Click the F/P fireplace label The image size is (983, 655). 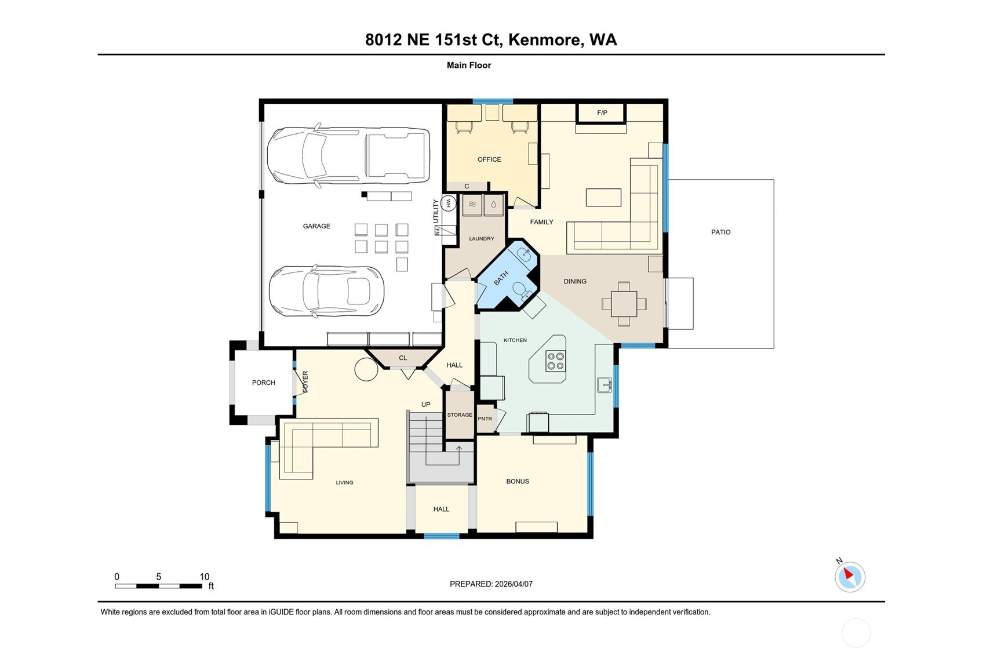point(602,112)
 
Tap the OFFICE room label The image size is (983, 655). point(489,159)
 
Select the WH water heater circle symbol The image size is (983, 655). point(447,203)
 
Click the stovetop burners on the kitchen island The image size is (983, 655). point(555,361)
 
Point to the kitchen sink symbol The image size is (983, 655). point(604,385)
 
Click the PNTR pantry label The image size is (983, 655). point(485,419)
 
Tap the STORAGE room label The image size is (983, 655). point(459,415)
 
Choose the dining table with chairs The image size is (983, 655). point(624,304)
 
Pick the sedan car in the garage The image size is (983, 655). point(326,292)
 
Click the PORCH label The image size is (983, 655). point(263,383)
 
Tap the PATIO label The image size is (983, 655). point(720,232)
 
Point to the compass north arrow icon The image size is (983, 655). point(849,576)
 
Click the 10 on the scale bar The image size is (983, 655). point(204,577)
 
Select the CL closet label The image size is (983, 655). point(403,358)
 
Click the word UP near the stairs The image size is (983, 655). point(425,405)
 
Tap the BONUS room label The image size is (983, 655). point(517,481)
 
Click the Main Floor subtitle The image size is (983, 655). point(468,65)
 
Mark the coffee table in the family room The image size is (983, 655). point(603,197)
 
